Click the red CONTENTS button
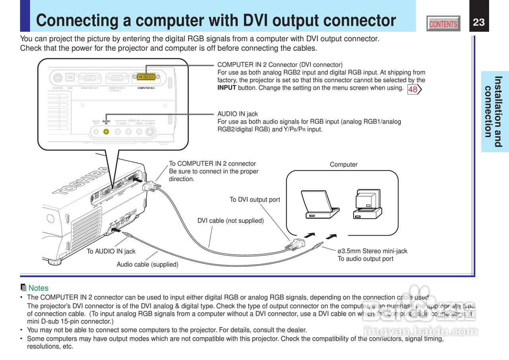click(x=443, y=24)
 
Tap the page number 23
click(x=479, y=22)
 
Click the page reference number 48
click(x=413, y=89)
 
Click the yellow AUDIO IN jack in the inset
click(x=106, y=132)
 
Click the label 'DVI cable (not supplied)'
click(x=231, y=221)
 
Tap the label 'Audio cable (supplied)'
click(x=148, y=264)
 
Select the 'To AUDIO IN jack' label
click(x=111, y=251)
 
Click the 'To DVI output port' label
click(x=255, y=199)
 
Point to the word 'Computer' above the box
click(x=344, y=165)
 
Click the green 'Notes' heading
click(x=38, y=288)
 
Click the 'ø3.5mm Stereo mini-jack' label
click(x=372, y=251)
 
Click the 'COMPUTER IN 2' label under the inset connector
click(x=146, y=88)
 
